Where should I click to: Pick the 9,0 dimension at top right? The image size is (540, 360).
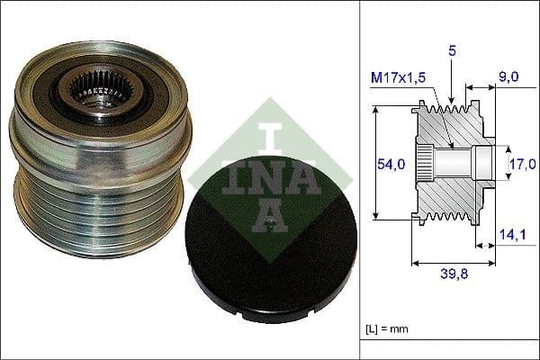click(508, 77)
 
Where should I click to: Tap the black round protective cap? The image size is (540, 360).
click(270, 257)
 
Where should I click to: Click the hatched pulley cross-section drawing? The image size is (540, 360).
click(450, 193)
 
